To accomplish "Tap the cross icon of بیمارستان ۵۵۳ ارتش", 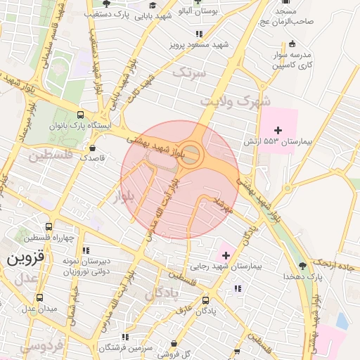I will [278, 129].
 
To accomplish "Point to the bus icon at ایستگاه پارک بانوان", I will [79, 114].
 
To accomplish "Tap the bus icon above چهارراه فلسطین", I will [49, 226].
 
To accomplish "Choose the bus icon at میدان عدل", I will [39, 297].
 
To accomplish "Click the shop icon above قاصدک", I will [93, 148].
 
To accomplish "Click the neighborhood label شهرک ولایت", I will [244, 101].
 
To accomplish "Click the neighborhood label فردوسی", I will [42, 346].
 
